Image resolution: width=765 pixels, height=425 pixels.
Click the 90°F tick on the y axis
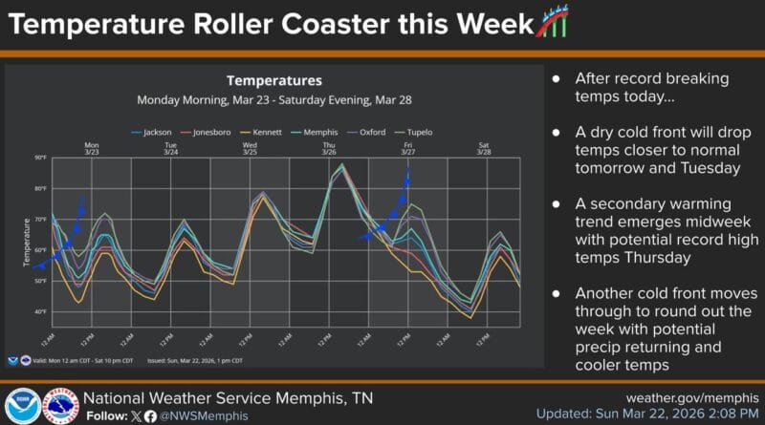tap(40, 158)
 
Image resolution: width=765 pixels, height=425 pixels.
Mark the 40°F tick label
tap(40, 312)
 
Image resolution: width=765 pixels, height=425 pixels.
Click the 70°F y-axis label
tap(40, 220)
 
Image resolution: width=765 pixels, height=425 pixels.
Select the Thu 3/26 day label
tap(328, 149)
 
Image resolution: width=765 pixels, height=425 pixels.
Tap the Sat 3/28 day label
tap(485, 149)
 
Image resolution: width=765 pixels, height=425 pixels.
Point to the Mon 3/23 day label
tap(92, 149)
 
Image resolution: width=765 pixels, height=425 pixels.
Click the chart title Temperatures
tap(273, 81)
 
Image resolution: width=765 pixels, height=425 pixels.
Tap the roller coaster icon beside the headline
tap(553, 22)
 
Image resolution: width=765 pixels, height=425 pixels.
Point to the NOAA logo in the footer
tap(22, 406)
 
